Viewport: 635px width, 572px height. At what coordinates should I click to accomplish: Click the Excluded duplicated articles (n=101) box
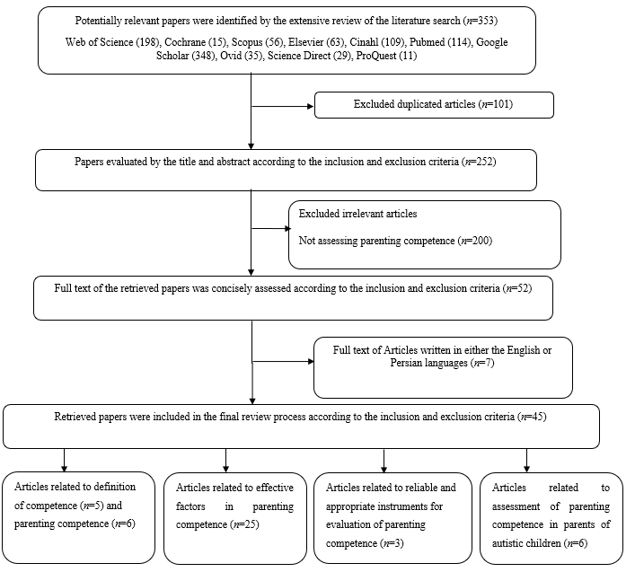coord(434,105)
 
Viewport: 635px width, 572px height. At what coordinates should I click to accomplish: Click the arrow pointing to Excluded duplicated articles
coord(282,105)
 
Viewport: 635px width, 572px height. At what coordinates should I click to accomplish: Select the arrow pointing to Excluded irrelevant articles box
coord(269,228)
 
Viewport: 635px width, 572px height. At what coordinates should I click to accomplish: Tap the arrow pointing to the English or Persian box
coord(282,361)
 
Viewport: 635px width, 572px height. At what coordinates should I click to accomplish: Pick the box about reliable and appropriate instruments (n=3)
coord(392,517)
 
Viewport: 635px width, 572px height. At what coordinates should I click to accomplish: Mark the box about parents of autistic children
coord(551,517)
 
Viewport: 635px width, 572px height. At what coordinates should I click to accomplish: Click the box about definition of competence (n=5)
coord(78,517)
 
